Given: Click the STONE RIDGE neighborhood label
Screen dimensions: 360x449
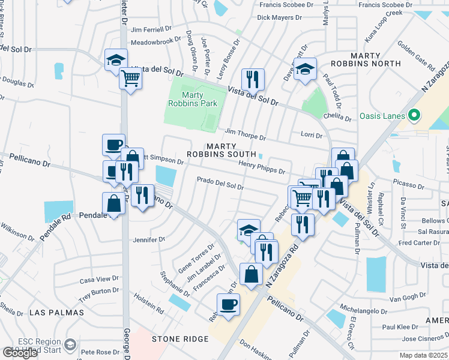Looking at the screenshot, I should [180, 339].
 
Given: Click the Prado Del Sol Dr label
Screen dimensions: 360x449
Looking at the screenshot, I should [220, 183].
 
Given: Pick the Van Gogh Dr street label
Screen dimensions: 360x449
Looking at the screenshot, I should [408, 298].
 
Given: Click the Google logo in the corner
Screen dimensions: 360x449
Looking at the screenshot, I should [19, 353].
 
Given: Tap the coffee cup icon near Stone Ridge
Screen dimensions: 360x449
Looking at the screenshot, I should [228, 304].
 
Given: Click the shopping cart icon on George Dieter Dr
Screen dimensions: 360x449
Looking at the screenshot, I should [130, 77].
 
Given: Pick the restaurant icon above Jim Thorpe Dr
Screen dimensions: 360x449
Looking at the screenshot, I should [251, 79].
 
